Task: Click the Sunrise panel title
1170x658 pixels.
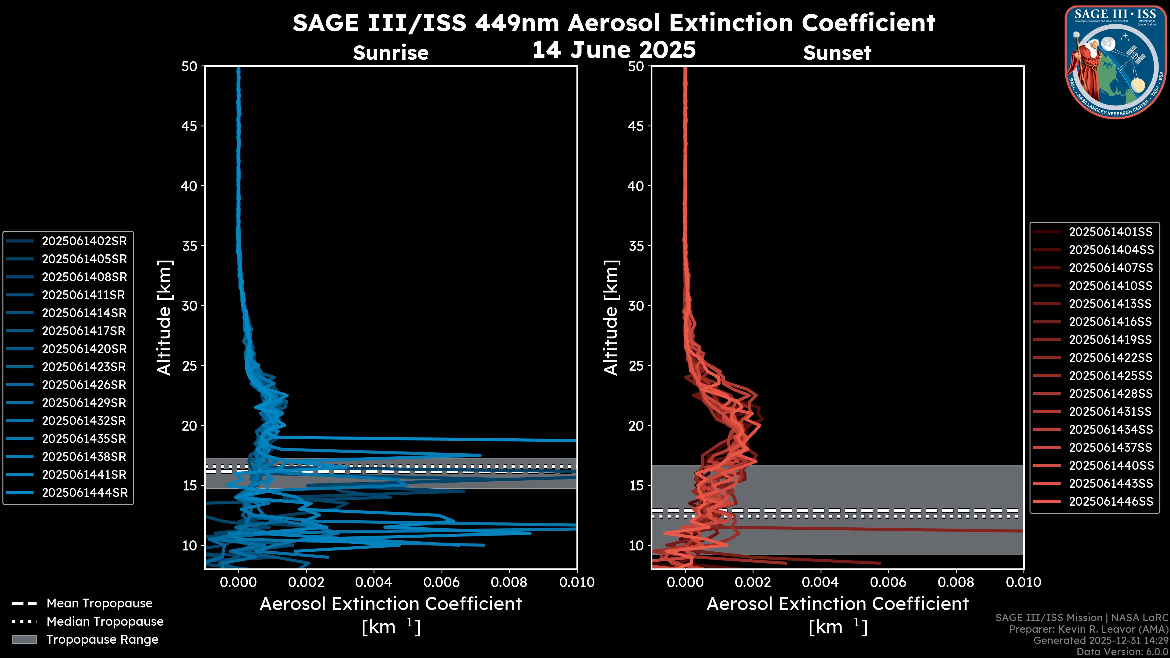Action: tap(391, 53)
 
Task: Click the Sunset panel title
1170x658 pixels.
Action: tap(837, 53)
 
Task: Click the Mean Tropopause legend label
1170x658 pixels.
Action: tap(99, 603)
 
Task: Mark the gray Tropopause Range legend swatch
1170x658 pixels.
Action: tap(24, 639)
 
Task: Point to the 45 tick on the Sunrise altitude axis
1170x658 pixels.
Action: tap(190, 126)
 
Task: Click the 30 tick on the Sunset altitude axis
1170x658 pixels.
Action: tap(636, 306)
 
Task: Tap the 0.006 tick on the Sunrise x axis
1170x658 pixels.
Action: tap(441, 582)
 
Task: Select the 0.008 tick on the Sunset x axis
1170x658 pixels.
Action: tap(956, 582)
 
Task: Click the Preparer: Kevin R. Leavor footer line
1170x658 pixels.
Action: tap(1089, 629)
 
